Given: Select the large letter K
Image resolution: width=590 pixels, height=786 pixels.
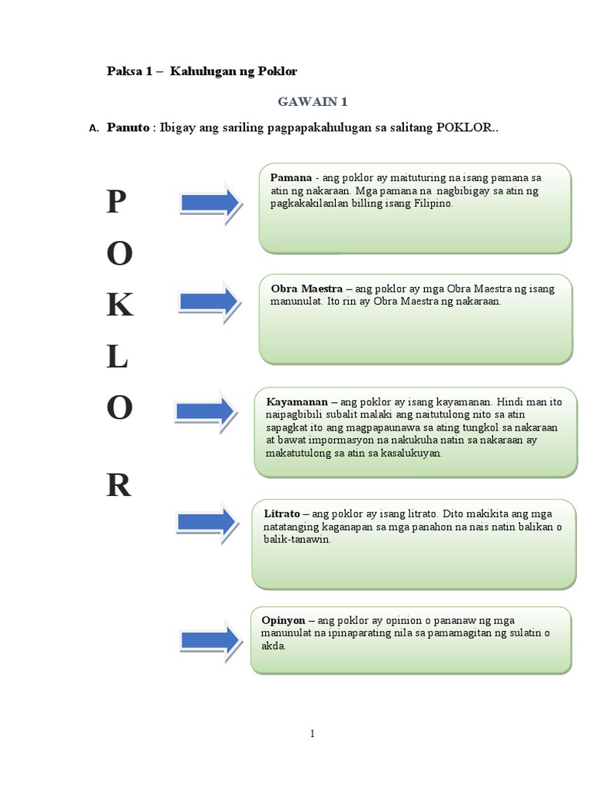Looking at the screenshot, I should click(119, 305).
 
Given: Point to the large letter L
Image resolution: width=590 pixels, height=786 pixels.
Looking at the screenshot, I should click(117, 358).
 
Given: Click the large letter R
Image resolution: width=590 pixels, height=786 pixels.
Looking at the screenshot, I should click(118, 485).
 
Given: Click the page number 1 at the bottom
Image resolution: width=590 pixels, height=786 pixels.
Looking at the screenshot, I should click(313, 733).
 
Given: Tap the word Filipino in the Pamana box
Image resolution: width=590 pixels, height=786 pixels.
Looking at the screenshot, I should click(435, 205).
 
